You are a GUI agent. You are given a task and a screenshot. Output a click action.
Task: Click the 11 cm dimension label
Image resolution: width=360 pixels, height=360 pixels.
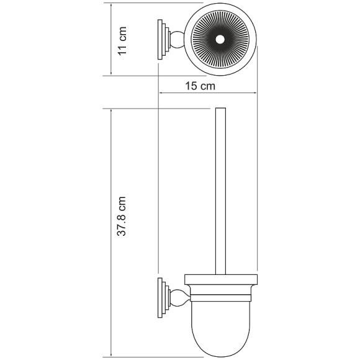(122, 41)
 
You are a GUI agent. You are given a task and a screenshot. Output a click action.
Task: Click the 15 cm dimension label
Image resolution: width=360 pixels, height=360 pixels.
(200, 86)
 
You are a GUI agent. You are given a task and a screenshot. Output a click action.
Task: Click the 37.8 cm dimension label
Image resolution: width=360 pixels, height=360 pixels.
(122, 216)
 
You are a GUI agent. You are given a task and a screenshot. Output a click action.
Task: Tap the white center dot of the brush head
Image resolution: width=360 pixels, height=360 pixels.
(220, 40)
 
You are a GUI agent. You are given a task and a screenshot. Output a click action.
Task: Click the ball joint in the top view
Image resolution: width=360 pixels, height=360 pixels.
(178, 40)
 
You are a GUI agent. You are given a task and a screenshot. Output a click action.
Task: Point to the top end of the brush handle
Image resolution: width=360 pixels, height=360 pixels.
(220, 108)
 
